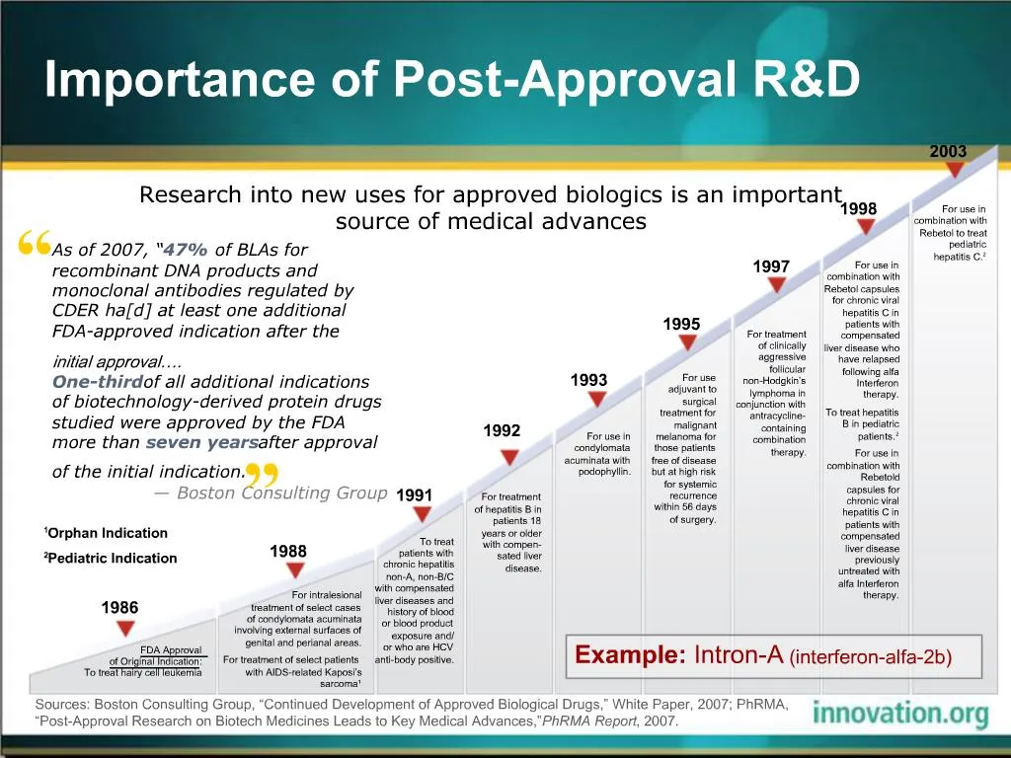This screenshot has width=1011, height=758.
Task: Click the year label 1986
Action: (x=119, y=608)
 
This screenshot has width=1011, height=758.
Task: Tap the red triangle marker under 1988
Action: (x=294, y=570)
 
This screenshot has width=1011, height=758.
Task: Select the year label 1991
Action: (x=414, y=494)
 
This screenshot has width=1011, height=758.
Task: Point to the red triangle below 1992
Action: (x=508, y=457)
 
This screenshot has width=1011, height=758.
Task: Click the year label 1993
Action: (x=589, y=380)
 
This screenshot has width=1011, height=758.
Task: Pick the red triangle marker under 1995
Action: (x=688, y=342)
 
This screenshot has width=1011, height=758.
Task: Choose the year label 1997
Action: (x=771, y=266)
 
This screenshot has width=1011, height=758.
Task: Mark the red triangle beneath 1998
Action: (x=866, y=227)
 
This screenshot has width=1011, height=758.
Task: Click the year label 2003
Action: (x=948, y=151)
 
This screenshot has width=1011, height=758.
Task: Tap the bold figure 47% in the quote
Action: (x=186, y=250)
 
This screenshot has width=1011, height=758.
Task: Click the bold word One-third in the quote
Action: (x=97, y=382)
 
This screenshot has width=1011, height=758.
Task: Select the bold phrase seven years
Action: (x=201, y=442)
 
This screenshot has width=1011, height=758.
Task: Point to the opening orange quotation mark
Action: (x=35, y=243)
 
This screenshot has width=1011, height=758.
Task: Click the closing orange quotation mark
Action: (x=260, y=475)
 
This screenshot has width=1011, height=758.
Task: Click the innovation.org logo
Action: (x=899, y=714)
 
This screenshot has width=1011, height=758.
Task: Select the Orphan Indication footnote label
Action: (x=107, y=533)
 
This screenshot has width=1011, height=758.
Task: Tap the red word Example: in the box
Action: (x=630, y=654)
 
